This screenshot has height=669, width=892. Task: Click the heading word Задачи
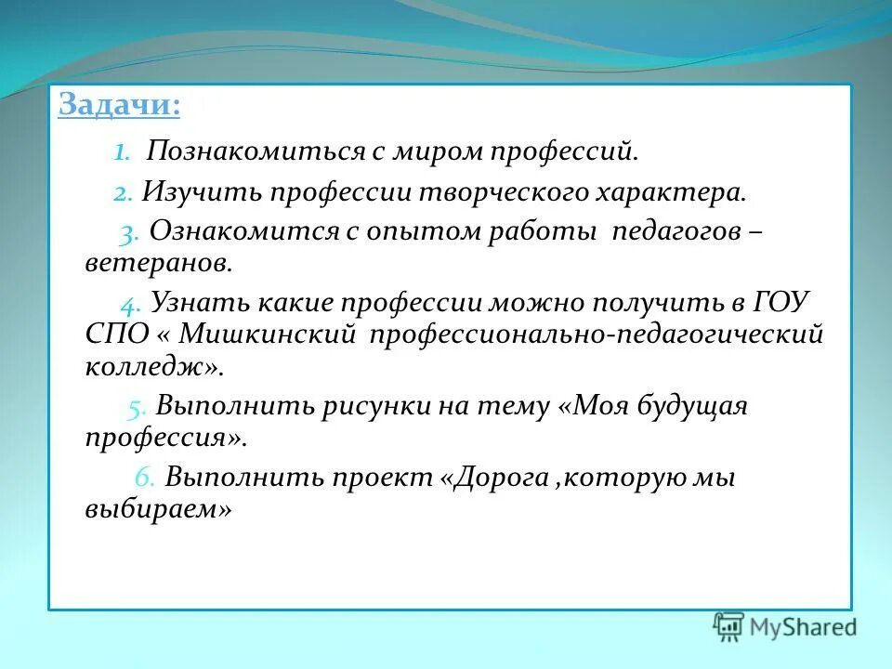119,104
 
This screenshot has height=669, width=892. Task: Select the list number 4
129,303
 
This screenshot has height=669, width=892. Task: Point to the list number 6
144,478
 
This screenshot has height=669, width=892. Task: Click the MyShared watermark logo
784,626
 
